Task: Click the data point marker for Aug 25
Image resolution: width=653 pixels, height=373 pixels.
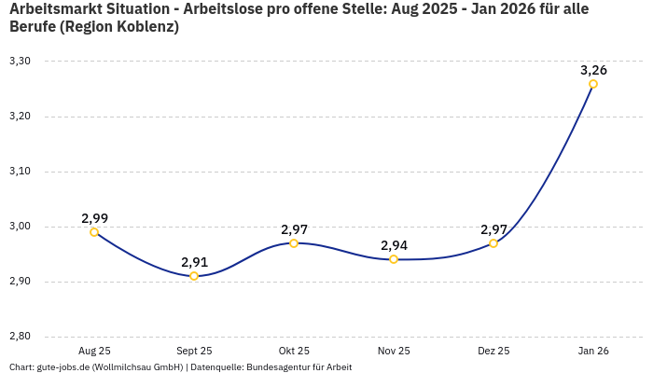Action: [x=94, y=232]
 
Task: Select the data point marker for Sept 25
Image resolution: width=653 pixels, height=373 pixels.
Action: [x=194, y=276]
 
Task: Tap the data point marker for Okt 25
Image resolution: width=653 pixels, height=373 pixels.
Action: [x=294, y=243]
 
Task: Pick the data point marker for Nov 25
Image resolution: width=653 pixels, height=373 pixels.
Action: [x=394, y=259]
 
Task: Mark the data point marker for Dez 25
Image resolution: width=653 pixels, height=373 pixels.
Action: [x=493, y=243]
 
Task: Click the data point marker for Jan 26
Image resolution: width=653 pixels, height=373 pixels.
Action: [x=593, y=84]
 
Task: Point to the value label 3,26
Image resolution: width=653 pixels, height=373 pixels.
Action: [x=593, y=70]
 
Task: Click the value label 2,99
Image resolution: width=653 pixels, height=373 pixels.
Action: [x=94, y=218]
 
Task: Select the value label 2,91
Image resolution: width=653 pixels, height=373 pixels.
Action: [x=194, y=262]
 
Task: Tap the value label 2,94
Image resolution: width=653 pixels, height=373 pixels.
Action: [x=394, y=245]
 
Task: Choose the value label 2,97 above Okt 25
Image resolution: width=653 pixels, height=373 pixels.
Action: [x=294, y=229]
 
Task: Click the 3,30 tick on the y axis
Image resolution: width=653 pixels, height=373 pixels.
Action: [x=20, y=62]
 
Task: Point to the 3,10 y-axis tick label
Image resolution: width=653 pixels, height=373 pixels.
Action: [x=20, y=172]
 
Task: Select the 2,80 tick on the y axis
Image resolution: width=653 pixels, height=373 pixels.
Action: [x=20, y=337]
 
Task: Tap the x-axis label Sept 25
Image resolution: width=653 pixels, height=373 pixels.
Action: [x=194, y=351]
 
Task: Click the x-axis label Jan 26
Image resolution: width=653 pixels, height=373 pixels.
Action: [x=593, y=351]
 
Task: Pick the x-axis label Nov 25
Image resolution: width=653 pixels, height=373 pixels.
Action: [x=394, y=351]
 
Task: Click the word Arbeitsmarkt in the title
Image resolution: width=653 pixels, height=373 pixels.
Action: [x=52, y=9]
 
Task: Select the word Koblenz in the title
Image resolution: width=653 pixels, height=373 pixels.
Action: [x=145, y=27]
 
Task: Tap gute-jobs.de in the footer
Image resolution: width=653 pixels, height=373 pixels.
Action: [x=62, y=366]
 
